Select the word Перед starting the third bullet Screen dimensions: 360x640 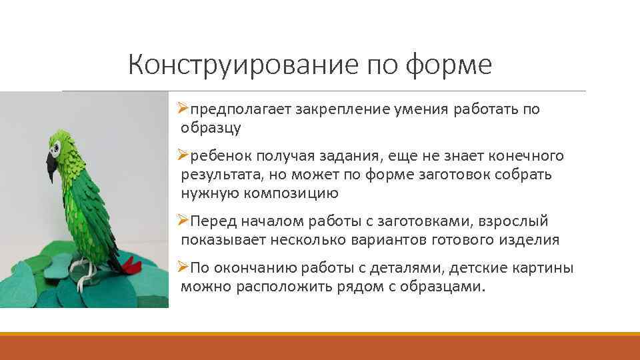click(x=213, y=221)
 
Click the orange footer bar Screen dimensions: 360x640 click(x=320, y=347)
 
